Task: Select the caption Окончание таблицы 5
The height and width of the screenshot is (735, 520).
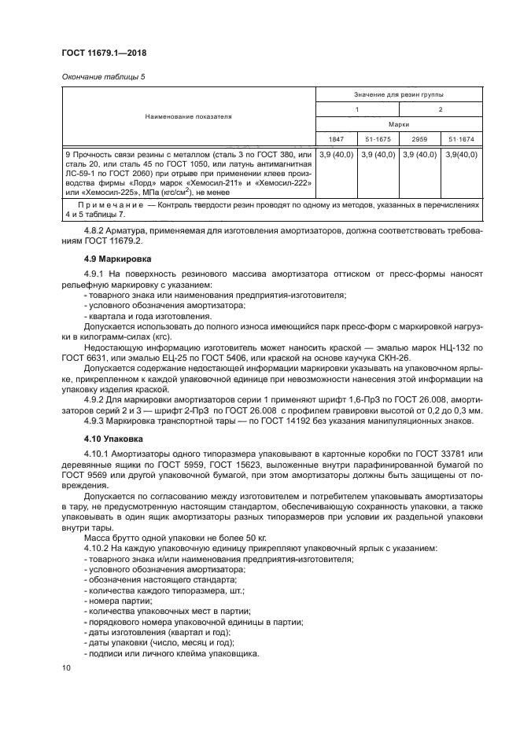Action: tap(99, 76)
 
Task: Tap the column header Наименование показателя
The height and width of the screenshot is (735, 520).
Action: tap(188, 116)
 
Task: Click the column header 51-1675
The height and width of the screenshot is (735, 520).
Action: tap(377, 138)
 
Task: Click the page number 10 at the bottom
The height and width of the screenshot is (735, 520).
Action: tap(66, 667)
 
